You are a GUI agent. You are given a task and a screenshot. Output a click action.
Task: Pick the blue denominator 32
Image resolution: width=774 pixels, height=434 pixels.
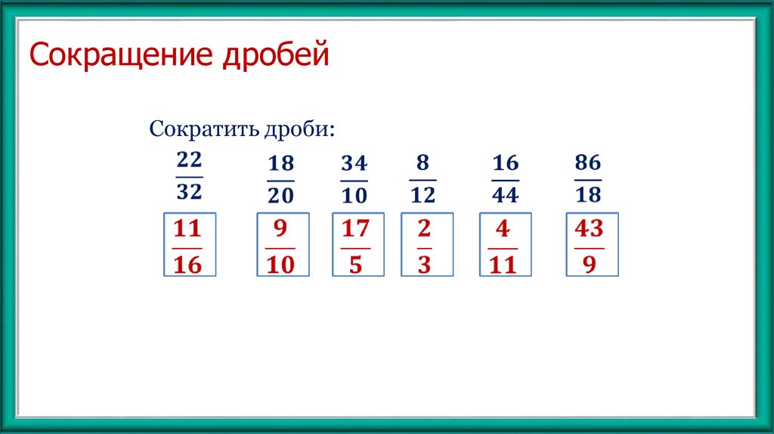tap(189, 192)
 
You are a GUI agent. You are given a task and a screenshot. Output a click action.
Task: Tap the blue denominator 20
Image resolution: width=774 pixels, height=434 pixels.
tap(280, 195)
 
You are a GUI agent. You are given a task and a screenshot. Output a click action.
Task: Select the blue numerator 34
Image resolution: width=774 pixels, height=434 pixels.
tap(354, 163)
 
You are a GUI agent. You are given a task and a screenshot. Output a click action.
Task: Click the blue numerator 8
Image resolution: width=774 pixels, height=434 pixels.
tap(423, 163)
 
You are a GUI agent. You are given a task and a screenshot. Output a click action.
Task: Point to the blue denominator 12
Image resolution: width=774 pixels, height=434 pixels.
tap(423, 195)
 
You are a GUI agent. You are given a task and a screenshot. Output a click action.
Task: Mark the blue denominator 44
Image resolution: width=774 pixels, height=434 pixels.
tap(505, 195)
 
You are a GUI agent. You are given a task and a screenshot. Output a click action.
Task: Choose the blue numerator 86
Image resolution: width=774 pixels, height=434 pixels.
tap(588, 163)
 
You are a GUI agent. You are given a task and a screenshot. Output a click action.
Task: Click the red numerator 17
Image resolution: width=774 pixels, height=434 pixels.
tap(355, 228)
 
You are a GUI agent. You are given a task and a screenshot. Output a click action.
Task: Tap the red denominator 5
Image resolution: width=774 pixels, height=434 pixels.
tap(355, 265)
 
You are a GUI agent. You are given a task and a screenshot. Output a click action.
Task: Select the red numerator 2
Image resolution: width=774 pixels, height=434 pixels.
tap(424, 228)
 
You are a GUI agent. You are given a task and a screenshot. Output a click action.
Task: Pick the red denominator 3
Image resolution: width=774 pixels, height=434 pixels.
tap(424, 265)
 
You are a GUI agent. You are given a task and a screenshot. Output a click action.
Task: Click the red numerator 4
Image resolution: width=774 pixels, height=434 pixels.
tap(503, 228)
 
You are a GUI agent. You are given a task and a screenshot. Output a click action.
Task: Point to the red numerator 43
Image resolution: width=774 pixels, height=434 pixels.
tap(590, 228)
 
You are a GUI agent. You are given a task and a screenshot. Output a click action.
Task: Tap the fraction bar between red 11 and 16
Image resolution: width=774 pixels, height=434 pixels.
tap(187, 247)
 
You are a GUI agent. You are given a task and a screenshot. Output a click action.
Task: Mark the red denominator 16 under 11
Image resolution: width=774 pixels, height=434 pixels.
tap(187, 265)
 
